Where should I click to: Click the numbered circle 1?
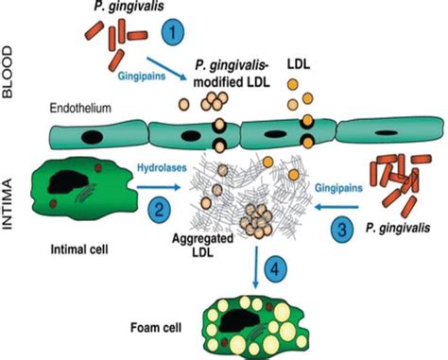[x=172, y=30]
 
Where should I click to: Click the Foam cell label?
[x=162, y=319]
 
